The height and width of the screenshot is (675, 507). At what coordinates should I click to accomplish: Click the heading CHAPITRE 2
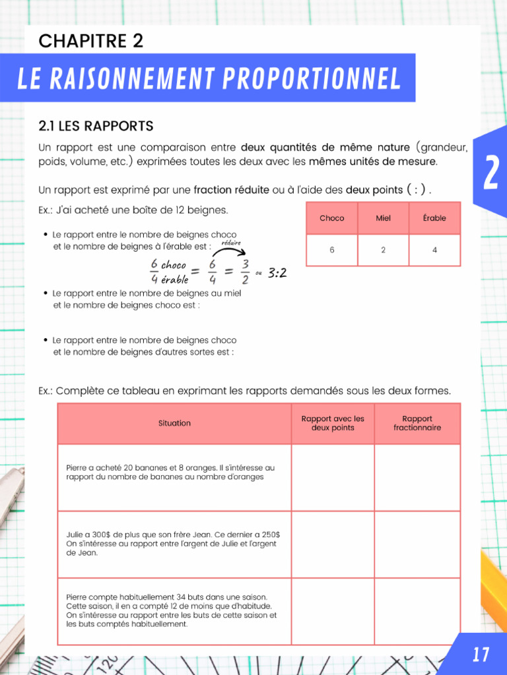pos(90,41)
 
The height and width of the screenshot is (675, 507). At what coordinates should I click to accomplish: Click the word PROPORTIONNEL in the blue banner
pos(312,79)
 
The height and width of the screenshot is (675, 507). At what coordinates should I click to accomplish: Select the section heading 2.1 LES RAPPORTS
pos(96,125)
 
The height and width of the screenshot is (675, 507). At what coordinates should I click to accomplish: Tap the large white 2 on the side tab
pos(490,173)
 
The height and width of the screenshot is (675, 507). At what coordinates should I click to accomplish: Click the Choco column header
pos(331,218)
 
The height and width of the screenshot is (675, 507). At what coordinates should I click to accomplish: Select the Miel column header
pos(383,218)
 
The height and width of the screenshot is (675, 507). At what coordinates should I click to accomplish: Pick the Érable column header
pos(434,218)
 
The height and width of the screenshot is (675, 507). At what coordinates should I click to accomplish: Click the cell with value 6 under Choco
pos(331,250)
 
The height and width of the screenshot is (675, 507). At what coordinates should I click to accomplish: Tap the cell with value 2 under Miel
pos(383,250)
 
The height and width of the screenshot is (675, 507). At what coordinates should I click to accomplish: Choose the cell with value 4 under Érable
pos(434,250)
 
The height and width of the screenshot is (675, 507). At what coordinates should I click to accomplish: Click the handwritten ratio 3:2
pos(277,272)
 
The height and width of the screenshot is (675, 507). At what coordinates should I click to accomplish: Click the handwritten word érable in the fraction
pos(174,280)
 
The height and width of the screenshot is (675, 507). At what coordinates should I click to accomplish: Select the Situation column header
pos(174,423)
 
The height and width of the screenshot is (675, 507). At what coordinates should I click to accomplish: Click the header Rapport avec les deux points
pos(333,423)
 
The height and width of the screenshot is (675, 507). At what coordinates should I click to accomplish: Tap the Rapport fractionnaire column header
pos(417,423)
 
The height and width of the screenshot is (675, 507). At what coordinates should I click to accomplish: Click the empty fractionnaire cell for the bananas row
pos(417,478)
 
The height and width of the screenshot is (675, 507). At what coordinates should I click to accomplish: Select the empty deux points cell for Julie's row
pos(333,544)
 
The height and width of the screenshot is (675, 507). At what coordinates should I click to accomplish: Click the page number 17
pos(481,655)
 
